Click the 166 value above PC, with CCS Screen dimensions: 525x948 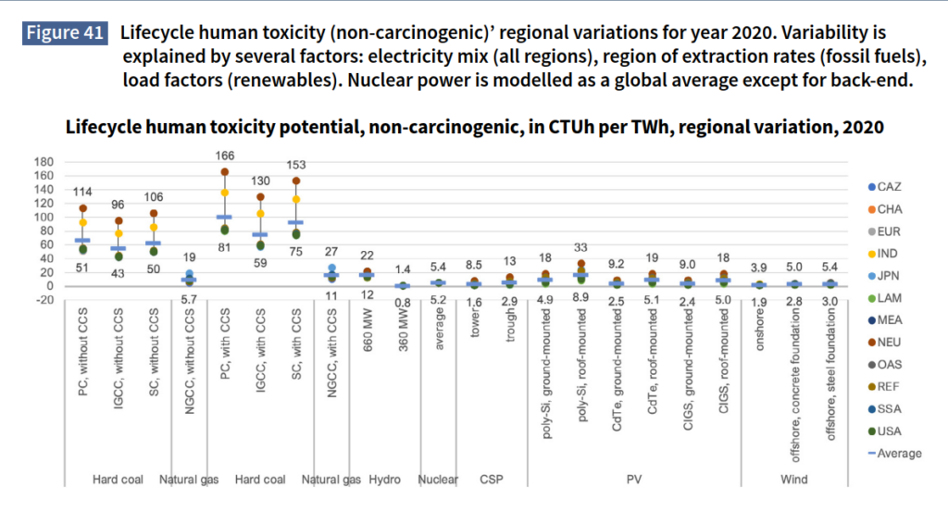[x=224, y=156]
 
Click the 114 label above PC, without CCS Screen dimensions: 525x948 [x=83, y=192]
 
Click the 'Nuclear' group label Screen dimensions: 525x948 [x=438, y=479]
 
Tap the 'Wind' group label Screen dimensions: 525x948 [x=794, y=479]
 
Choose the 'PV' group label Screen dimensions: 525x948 [x=634, y=479]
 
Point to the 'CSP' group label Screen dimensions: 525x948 [x=492, y=479]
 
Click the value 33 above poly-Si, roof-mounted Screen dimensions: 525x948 [x=581, y=247]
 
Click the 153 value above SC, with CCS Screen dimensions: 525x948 [x=296, y=165]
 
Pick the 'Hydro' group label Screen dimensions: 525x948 [x=384, y=479]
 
